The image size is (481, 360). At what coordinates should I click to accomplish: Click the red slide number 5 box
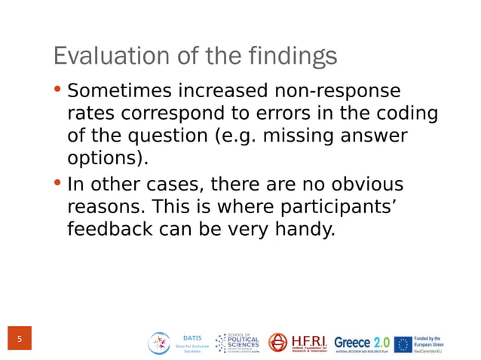[19, 340]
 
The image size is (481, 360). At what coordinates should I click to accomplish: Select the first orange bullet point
[58, 90]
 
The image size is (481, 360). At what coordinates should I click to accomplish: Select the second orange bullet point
[58, 183]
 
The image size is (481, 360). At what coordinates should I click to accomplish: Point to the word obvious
[363, 184]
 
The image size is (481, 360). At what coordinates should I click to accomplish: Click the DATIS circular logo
[160, 343]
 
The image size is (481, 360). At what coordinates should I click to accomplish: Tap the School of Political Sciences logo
[237, 343]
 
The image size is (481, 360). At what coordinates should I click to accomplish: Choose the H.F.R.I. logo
[298, 343]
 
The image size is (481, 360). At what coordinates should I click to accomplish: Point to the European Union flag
[403, 344]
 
